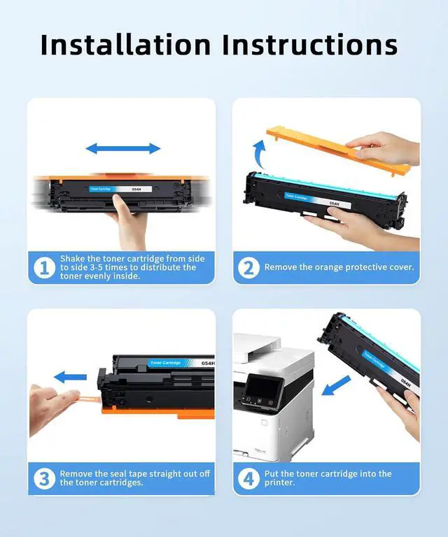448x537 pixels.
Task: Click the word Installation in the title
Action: (x=125, y=45)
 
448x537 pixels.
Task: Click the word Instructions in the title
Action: (x=310, y=45)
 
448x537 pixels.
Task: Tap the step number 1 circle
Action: (x=45, y=268)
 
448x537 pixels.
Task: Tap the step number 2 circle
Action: (x=248, y=268)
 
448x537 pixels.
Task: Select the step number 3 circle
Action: (x=45, y=478)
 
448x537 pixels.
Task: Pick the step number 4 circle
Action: (x=248, y=478)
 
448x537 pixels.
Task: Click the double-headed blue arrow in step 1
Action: (x=123, y=149)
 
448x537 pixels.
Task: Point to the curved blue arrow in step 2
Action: (x=259, y=153)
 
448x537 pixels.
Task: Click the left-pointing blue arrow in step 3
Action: (x=70, y=378)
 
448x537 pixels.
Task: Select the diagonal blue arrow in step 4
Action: (x=336, y=386)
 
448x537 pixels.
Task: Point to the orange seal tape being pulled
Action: (x=88, y=399)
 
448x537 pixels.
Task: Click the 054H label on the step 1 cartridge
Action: (x=136, y=189)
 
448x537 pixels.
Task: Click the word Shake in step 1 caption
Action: (x=73, y=259)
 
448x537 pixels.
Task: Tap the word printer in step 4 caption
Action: (x=279, y=483)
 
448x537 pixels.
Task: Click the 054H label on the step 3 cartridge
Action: (x=208, y=363)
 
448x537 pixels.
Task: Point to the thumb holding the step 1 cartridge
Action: (x=119, y=204)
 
